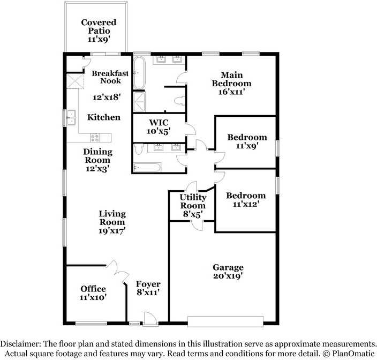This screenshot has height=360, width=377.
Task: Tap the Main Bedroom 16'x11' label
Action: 231,83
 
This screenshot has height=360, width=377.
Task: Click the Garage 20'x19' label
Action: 228,272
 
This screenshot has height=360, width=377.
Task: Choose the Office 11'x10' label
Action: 93,293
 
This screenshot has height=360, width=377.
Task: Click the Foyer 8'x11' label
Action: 148,288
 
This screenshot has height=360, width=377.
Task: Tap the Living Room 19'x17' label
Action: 112,222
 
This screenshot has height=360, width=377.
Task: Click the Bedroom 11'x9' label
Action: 247,141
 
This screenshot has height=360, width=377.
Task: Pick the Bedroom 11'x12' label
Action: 245,200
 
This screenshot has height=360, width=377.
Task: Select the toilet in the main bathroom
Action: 181,100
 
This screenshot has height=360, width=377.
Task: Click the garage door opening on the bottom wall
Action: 225,321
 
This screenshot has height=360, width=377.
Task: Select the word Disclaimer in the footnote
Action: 20,343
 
